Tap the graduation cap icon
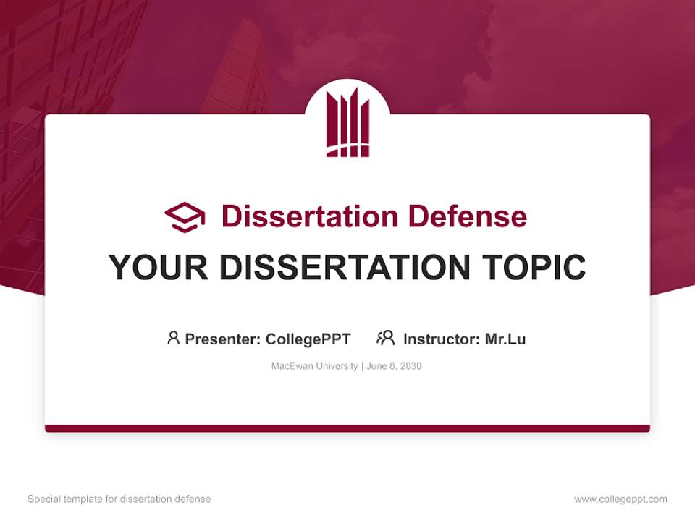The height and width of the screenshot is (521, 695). click(x=185, y=217)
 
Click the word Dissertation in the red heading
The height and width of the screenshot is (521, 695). click(x=310, y=216)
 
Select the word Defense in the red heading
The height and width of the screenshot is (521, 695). click(x=468, y=216)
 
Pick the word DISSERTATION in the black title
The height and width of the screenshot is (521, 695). click(x=345, y=267)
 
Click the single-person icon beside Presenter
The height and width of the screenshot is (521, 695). click(x=173, y=338)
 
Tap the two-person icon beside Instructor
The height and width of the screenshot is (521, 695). click(x=386, y=338)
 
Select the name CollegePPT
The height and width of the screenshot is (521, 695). click(x=308, y=339)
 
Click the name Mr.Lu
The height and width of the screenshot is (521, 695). click(x=505, y=339)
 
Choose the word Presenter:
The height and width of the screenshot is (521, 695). click(x=223, y=339)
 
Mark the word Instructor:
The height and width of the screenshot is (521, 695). click(x=442, y=339)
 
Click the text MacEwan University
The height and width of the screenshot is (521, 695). click(x=315, y=366)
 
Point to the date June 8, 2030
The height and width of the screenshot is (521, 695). click(x=394, y=366)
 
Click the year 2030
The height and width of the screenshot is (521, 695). click(x=410, y=366)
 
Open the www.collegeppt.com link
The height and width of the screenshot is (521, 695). click(x=620, y=499)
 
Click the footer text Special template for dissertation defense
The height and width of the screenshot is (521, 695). click(x=119, y=499)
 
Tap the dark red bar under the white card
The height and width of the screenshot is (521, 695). click(x=347, y=428)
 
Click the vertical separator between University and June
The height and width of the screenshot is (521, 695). click(x=362, y=366)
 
